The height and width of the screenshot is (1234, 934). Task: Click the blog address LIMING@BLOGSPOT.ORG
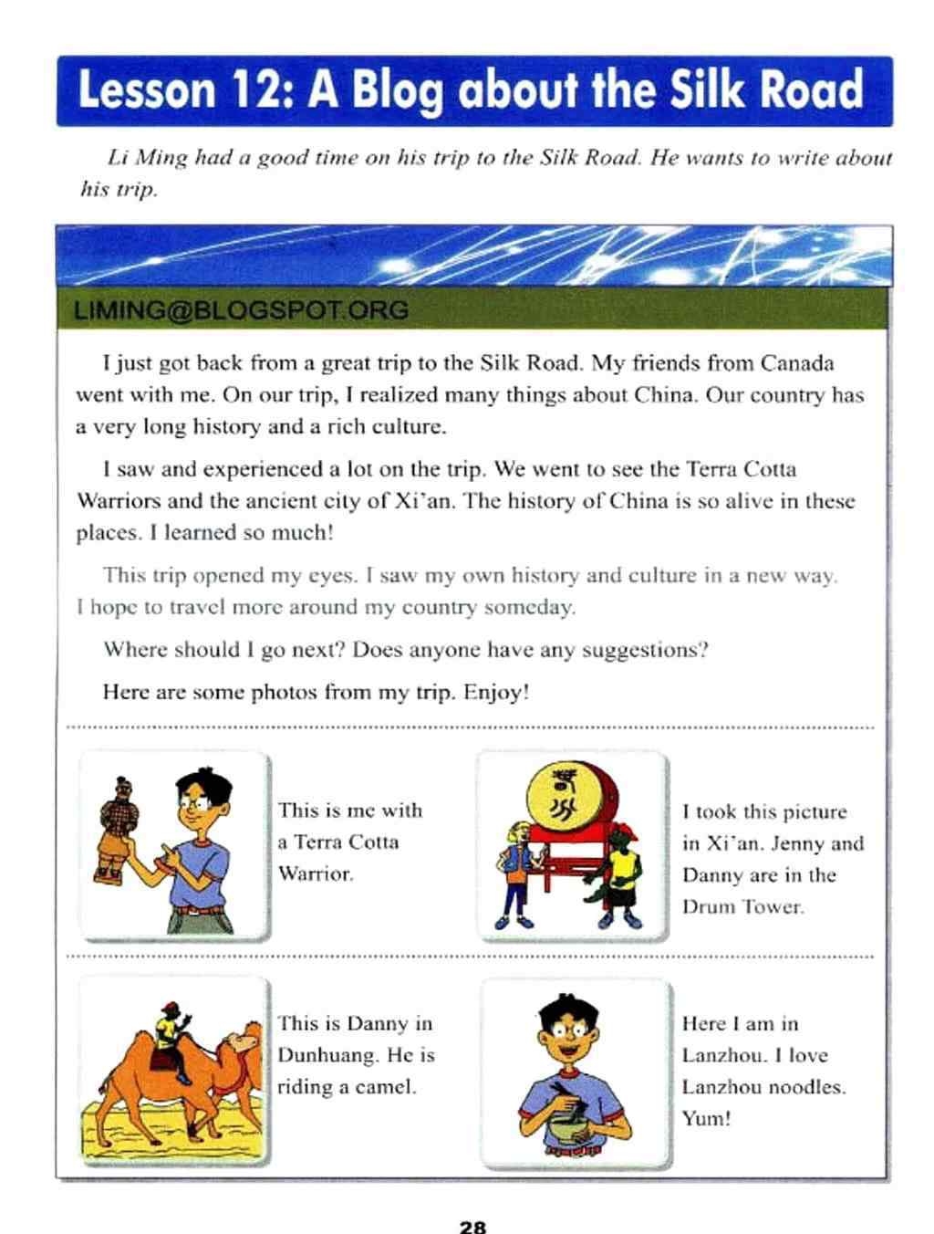click(241, 310)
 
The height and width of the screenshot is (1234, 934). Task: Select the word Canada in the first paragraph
click(796, 363)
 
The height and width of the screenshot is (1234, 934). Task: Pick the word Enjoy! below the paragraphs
click(496, 692)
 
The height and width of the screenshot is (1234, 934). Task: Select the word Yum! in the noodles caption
click(706, 1118)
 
